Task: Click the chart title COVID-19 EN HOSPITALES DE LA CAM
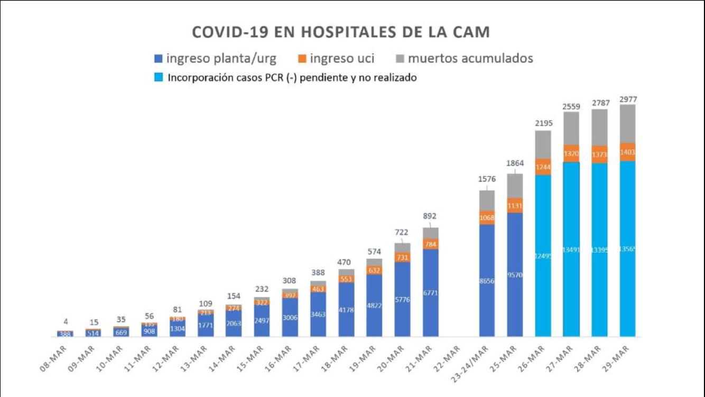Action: coord(340,32)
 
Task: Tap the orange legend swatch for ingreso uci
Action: coord(301,58)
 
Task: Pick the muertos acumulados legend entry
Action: coord(463,58)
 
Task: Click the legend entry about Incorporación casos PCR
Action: coord(285,78)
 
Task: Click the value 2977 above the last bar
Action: coord(627,99)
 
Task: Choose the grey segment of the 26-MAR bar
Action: coord(543,145)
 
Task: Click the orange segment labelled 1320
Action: coord(571,154)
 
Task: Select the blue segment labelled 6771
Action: coord(431,292)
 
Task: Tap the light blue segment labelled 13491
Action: coord(571,249)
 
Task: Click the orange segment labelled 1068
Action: coord(487,218)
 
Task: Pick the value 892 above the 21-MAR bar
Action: coord(431,216)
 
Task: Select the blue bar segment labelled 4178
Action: coord(346,310)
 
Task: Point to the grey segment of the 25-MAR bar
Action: coord(515,185)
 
